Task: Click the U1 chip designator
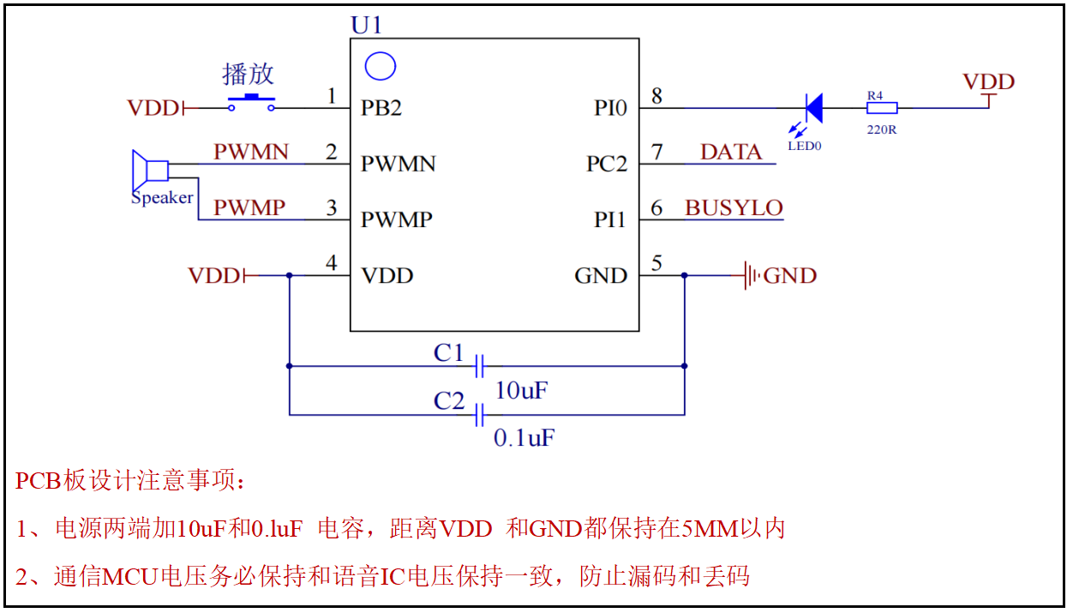point(367,25)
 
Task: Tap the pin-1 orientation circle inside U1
point(380,66)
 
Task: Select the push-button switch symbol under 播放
point(252,103)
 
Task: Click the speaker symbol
point(149,171)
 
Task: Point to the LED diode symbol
point(812,108)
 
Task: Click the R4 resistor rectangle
point(882,108)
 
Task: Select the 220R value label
point(882,130)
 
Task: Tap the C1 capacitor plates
point(480,366)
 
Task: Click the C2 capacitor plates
point(480,415)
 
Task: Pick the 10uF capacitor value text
point(521,391)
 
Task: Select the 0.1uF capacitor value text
point(525,438)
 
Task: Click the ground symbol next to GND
point(752,276)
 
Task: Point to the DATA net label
point(731,153)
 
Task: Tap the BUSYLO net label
point(734,208)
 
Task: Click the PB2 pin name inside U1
point(381,108)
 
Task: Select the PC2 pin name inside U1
point(607,164)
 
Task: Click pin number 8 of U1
point(656,95)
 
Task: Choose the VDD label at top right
point(988,82)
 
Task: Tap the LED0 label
point(805,146)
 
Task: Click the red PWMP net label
point(249,208)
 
